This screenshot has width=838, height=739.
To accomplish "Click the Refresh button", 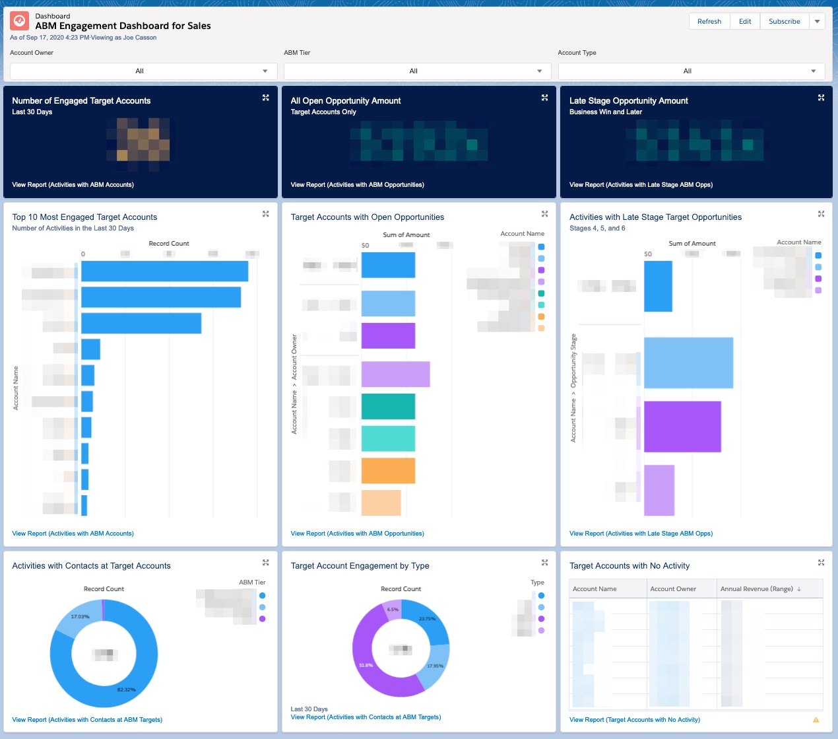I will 709,21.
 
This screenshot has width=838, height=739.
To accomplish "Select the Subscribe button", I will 784,21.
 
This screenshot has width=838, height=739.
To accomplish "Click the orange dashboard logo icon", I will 20,22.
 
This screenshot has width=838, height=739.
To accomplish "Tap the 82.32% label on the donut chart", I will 126,689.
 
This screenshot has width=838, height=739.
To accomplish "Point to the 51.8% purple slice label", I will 366,665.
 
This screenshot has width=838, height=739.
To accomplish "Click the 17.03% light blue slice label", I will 80,617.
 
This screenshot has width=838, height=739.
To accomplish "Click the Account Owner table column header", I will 673,589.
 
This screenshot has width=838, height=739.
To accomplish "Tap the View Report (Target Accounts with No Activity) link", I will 634,720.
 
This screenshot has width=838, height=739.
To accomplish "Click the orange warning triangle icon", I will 816,720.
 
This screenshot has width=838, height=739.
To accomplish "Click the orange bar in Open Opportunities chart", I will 388,471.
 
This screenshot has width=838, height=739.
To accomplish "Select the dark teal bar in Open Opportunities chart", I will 388,406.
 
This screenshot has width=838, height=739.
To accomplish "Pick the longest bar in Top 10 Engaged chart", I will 164,271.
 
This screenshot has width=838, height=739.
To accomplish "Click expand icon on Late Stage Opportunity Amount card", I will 821,98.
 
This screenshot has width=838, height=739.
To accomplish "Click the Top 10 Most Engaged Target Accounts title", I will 84,217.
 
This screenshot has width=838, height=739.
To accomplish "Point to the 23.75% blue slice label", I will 427,619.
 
